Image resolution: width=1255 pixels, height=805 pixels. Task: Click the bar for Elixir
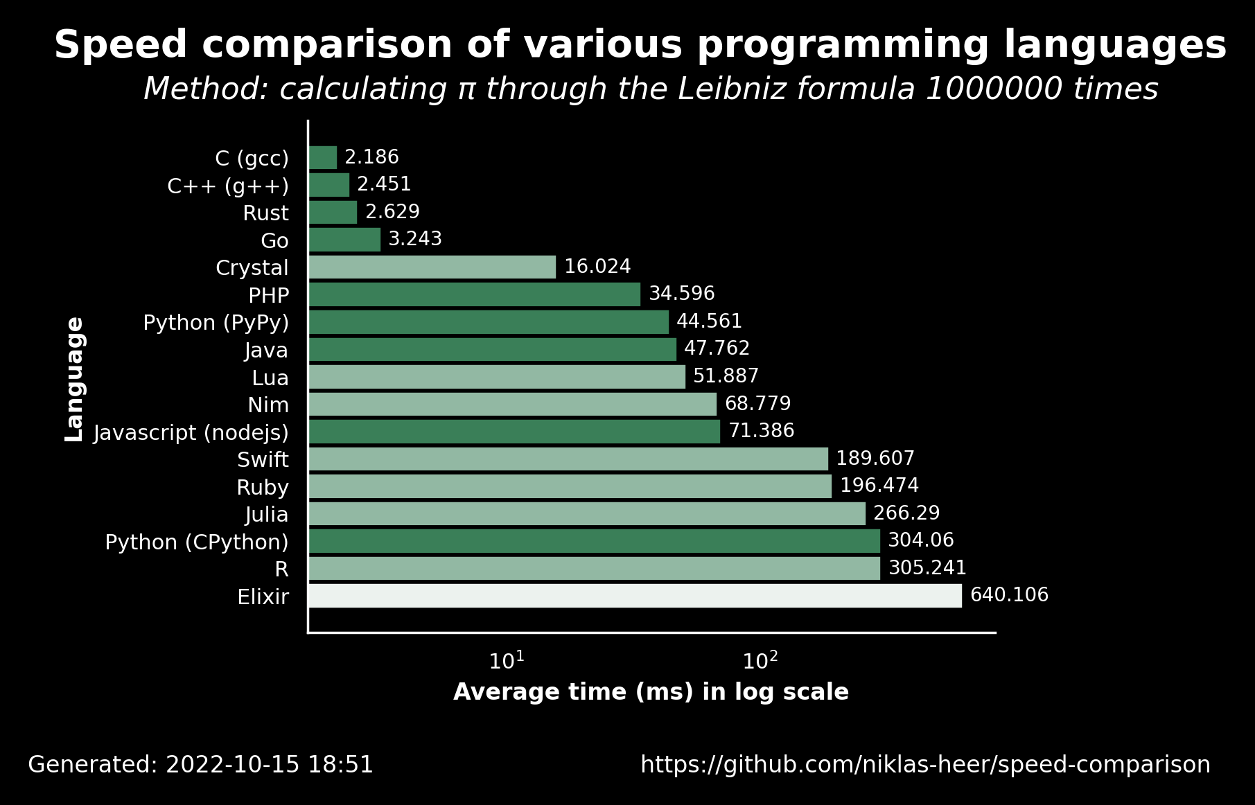[x=635, y=596]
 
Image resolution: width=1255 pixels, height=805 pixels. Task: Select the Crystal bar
[x=432, y=267]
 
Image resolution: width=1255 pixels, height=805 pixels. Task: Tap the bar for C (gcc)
[x=323, y=157]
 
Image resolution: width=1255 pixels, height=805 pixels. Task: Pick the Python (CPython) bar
[x=595, y=541]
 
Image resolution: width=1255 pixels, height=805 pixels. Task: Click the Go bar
[x=344, y=240]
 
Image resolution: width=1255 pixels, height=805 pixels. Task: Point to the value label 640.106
[x=1009, y=595]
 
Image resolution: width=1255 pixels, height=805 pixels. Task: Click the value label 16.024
[x=597, y=267]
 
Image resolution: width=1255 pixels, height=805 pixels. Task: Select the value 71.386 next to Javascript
[x=761, y=431]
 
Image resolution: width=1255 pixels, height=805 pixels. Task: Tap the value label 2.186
[x=371, y=157]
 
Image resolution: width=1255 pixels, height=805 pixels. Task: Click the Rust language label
[x=265, y=213]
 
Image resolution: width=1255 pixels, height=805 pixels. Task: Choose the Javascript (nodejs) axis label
[x=191, y=433]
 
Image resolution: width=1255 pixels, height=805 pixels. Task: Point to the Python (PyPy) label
[x=216, y=324]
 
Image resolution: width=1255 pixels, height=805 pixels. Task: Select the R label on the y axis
[x=281, y=569]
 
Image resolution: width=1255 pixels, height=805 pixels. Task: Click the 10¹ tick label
[x=507, y=661]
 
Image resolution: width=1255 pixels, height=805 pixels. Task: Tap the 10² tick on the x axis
[x=760, y=661]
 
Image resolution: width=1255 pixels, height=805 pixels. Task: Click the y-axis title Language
[x=74, y=380]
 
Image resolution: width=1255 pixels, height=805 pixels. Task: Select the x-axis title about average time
[x=651, y=692]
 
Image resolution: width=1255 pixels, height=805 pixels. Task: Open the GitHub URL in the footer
[x=925, y=765]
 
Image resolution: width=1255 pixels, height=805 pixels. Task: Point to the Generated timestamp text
[x=200, y=765]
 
